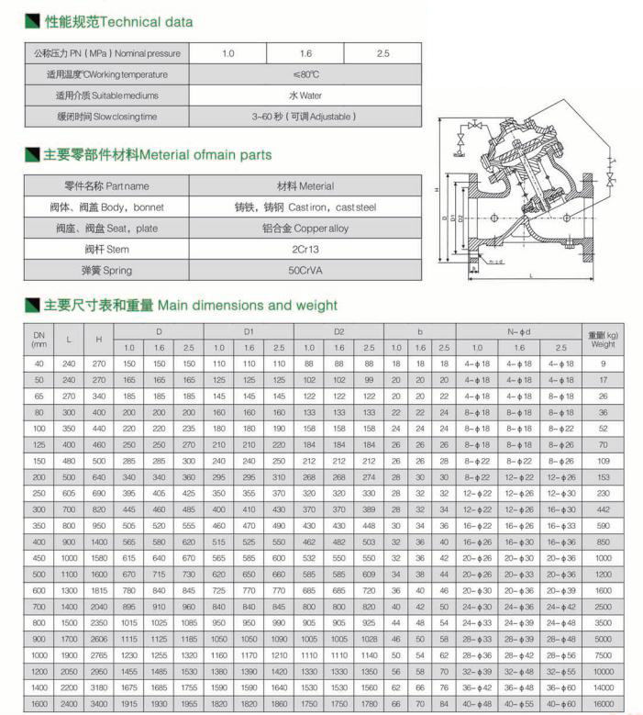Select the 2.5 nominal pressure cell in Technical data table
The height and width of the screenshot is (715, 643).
[x=383, y=53]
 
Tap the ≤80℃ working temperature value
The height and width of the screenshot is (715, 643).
[x=305, y=74]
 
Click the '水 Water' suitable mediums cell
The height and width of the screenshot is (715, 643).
[x=305, y=95]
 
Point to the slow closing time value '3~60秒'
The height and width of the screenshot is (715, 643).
[x=305, y=117]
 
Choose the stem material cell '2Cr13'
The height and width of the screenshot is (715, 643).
[x=305, y=249]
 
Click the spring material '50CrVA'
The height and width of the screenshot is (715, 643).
[x=305, y=270]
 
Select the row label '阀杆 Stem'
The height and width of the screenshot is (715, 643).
[x=106, y=249]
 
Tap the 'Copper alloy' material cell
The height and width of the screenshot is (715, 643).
[x=305, y=228]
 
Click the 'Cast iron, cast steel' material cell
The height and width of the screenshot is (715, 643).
[x=305, y=207]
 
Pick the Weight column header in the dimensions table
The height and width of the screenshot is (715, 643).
[x=603, y=340]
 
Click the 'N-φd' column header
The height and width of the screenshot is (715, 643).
[x=518, y=330]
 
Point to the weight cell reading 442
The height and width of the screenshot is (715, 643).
[x=603, y=509]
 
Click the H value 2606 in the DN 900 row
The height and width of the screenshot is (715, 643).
[x=98, y=638]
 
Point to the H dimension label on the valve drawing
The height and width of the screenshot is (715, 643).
[x=436, y=190]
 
